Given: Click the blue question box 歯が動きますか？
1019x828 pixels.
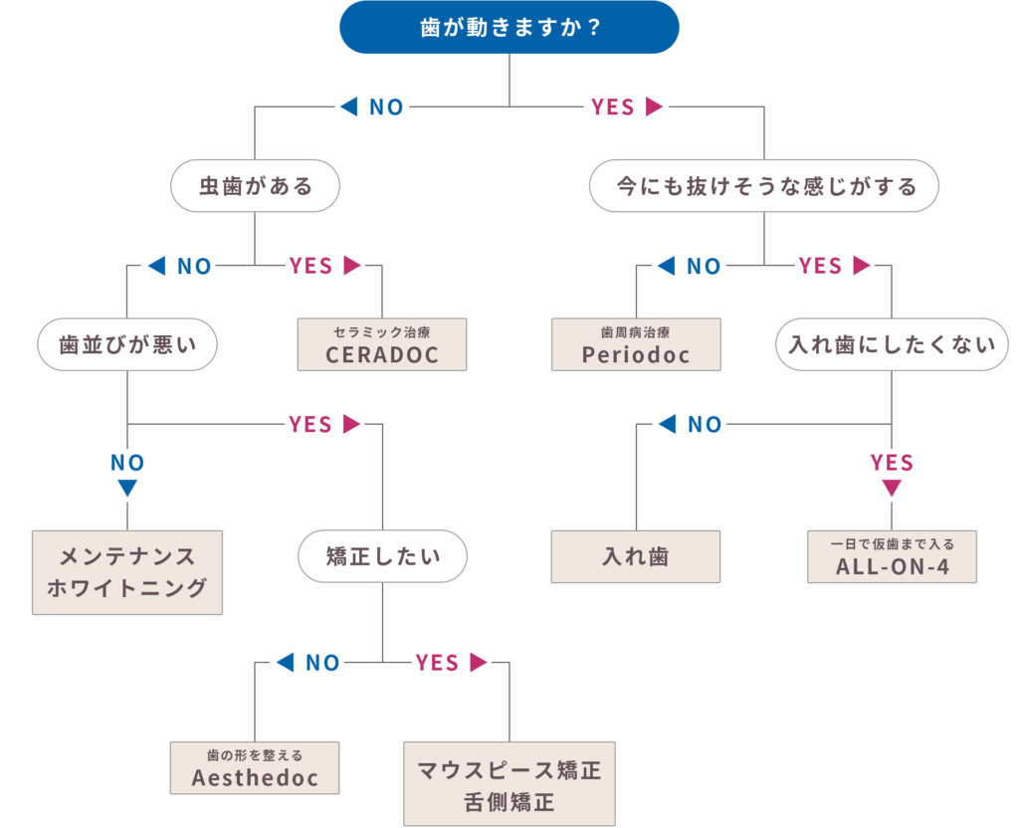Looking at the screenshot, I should coord(509,27).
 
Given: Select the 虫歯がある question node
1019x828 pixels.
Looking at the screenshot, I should coord(256,186).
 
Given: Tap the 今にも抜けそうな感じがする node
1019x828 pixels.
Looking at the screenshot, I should coord(764,186).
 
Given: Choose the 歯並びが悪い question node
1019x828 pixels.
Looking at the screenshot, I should coord(127,345).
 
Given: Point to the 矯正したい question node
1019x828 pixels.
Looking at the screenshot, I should coord(382,556).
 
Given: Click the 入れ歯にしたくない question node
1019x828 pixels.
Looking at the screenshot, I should coord(892,345).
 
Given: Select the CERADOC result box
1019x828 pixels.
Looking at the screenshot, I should coord(382,345).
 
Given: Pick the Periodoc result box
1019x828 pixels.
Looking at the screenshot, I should coord(636,345).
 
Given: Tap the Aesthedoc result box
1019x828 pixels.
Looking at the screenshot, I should coord(256,768).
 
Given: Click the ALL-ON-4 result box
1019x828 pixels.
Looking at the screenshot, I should coord(892,557).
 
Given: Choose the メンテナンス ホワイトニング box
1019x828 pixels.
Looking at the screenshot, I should coord(127,572).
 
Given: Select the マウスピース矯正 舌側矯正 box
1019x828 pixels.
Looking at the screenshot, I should coord(509,784).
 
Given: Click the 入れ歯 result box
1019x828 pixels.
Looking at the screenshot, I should coord(636,556).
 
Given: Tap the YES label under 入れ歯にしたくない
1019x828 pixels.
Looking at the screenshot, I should coord(892,463).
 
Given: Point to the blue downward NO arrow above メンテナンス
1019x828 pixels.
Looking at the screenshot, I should coord(127,488).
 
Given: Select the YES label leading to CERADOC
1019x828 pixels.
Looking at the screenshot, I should coord(310,266).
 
